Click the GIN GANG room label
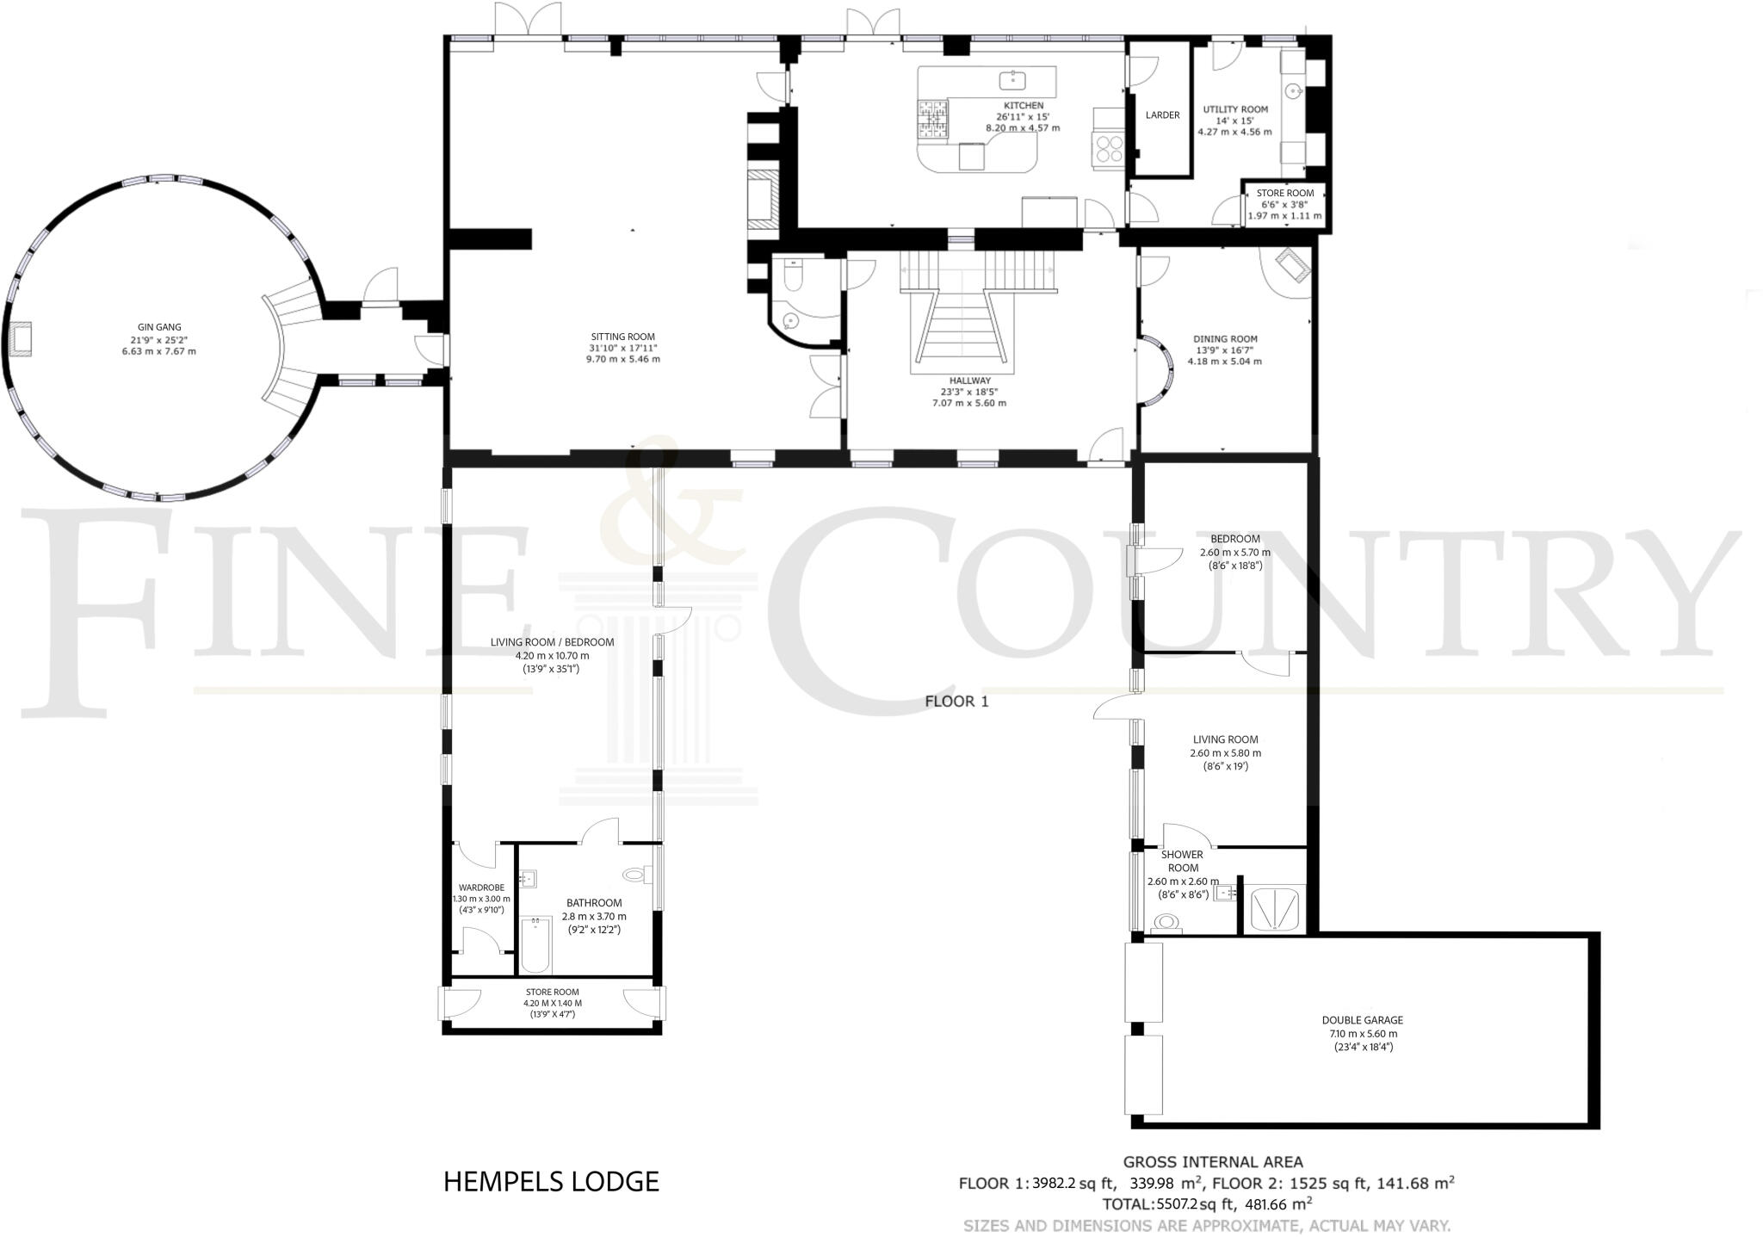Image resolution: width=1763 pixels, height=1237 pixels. (x=159, y=327)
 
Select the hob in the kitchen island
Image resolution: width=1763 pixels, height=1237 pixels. (x=933, y=119)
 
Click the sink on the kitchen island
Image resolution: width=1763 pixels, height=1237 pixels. (x=1013, y=81)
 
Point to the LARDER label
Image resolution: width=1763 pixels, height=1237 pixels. (x=1162, y=115)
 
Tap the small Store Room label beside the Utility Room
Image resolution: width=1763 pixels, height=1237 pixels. (x=1284, y=194)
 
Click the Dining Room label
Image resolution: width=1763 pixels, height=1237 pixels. (x=1224, y=339)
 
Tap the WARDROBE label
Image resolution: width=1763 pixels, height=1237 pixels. (x=481, y=888)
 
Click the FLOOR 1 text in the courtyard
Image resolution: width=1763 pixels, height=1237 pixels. (x=956, y=702)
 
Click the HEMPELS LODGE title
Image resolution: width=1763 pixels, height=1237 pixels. (x=551, y=1182)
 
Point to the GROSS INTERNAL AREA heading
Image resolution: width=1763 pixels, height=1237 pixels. (x=1212, y=1162)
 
